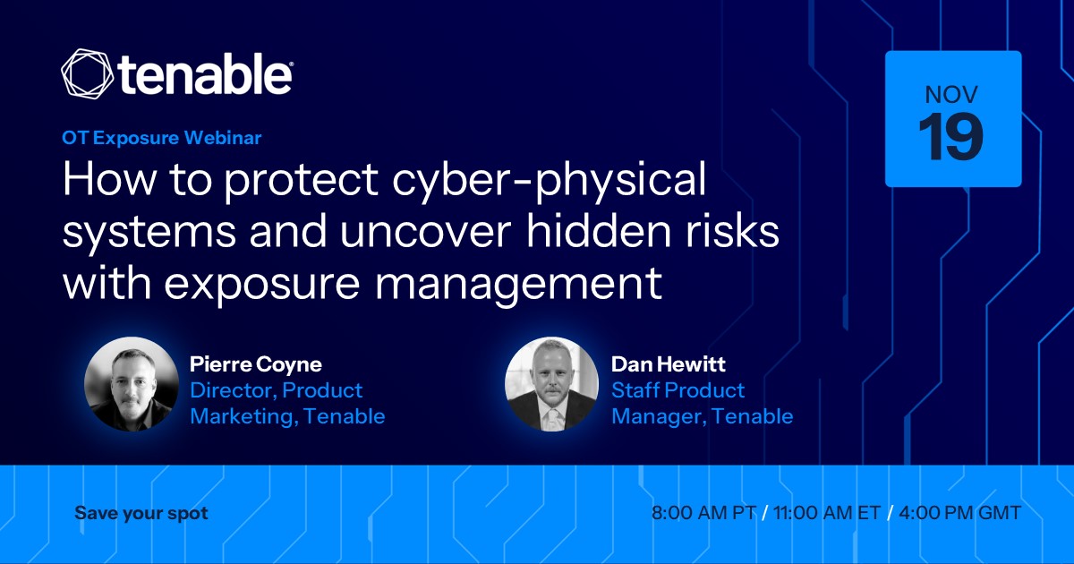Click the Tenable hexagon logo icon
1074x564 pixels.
coord(88,73)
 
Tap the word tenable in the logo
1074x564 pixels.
coord(205,74)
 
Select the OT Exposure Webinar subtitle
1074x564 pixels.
coord(162,138)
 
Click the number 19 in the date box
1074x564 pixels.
coord(950,137)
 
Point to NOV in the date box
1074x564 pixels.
coord(951,95)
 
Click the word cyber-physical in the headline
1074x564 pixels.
coord(550,180)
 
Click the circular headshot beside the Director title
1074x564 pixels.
coord(131,384)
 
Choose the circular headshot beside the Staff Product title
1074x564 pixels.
coord(552,384)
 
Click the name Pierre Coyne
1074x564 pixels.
coord(256,364)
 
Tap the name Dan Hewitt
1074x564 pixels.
coord(669,364)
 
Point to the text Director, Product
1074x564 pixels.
coord(277,391)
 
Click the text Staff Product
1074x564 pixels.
coord(678,390)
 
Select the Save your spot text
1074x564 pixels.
coord(141,514)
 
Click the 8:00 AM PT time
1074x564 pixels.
coord(703,513)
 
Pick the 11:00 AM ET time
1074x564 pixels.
coord(827,513)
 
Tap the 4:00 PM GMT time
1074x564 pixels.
coord(959,513)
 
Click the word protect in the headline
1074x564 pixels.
coord(302,182)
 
